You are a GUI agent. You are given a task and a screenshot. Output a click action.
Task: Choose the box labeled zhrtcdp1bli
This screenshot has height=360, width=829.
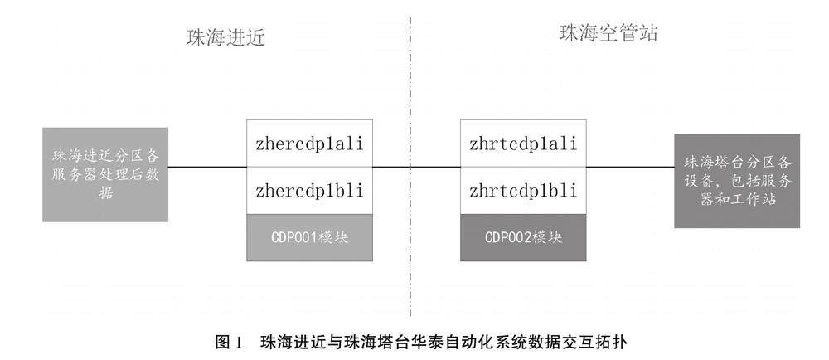point(522,191)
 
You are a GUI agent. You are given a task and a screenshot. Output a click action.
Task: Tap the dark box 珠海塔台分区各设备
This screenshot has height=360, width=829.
point(737,180)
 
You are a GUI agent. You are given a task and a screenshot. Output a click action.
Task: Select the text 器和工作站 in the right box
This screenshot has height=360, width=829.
point(736,199)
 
